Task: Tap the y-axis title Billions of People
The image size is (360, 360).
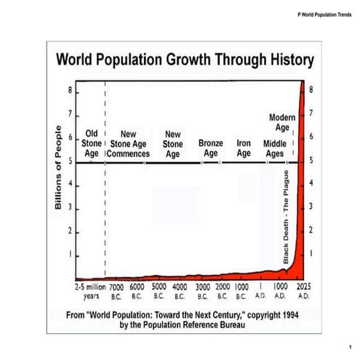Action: [58, 167]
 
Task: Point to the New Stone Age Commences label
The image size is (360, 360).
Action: [129, 144]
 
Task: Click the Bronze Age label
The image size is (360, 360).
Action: [211, 148]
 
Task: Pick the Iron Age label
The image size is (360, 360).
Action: [244, 148]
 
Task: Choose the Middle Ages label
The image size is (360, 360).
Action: [274, 148]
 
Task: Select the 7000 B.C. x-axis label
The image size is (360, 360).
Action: [116, 292]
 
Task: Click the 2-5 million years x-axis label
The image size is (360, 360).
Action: [91, 292]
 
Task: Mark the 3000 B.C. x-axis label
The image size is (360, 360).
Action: [203, 292]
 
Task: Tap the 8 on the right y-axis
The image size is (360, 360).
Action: [311, 91]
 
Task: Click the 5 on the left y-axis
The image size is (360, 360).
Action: [71, 161]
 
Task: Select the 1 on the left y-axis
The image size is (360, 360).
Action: [71, 255]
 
